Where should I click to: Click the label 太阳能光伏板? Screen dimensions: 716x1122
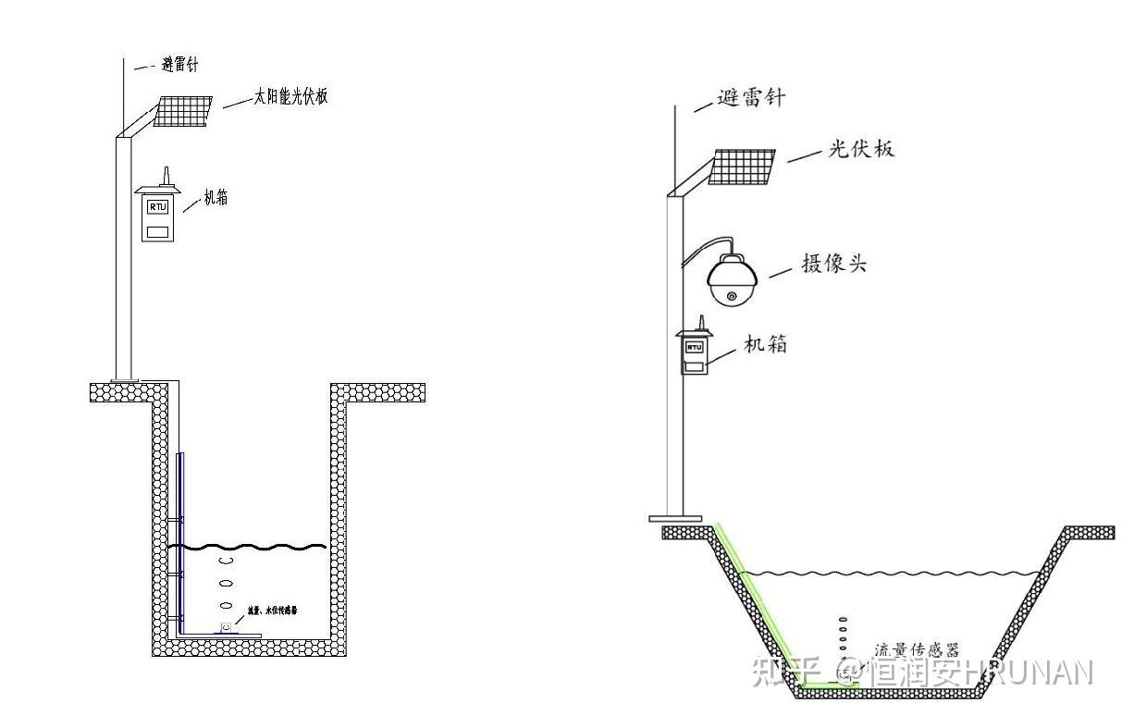pyautogui.click(x=290, y=96)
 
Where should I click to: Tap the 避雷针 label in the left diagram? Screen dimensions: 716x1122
pyautogui.click(x=179, y=65)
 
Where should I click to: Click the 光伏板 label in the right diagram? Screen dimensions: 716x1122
pyautogui.click(x=860, y=148)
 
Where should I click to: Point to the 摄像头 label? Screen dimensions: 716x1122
pyautogui.click(x=834, y=264)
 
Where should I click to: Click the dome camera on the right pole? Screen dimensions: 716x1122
pyautogui.click(x=733, y=278)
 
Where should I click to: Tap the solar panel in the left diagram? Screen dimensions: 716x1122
pyautogui.click(x=182, y=110)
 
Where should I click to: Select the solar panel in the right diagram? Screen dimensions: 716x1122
pyautogui.click(x=742, y=167)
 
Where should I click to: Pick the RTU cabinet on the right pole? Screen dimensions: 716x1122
pyautogui.click(x=694, y=352)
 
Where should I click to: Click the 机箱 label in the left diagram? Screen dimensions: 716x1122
pyautogui.click(x=216, y=198)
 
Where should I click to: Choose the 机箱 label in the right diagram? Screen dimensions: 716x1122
pyautogui.click(x=766, y=344)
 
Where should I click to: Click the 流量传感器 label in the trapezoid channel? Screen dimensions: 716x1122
pyautogui.click(x=916, y=650)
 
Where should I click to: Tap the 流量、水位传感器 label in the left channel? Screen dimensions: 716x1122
pyautogui.click(x=272, y=611)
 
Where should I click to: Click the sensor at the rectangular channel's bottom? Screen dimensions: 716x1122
pyautogui.click(x=226, y=628)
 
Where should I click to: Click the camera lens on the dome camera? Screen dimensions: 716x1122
pyautogui.click(x=733, y=296)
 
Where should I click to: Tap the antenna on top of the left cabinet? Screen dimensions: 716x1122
pyautogui.click(x=165, y=176)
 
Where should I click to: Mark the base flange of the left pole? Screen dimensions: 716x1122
pyautogui.click(x=124, y=379)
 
